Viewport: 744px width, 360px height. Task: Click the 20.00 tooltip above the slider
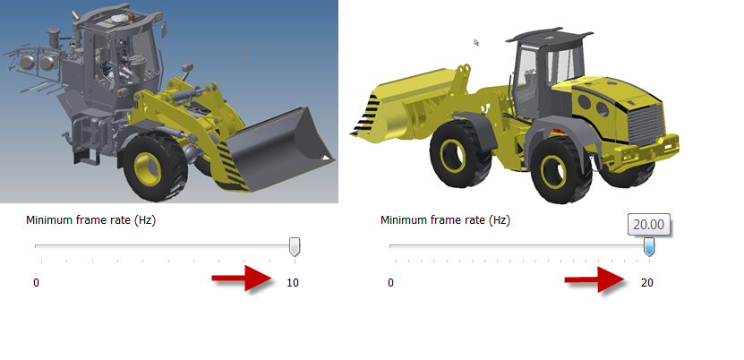tap(648, 225)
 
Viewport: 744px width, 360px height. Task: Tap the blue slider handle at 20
tap(648, 247)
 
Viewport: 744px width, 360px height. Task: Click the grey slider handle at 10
tap(295, 247)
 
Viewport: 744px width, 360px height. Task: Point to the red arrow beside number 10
tap(243, 278)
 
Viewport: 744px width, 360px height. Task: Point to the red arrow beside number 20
tap(595, 279)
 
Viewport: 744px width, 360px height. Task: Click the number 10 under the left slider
tap(293, 283)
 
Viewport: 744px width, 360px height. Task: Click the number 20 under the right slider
tap(647, 283)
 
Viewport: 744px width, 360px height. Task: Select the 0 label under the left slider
tap(36, 283)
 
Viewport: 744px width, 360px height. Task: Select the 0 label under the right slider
tap(390, 283)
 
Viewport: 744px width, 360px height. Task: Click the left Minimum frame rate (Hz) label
tap(90, 220)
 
